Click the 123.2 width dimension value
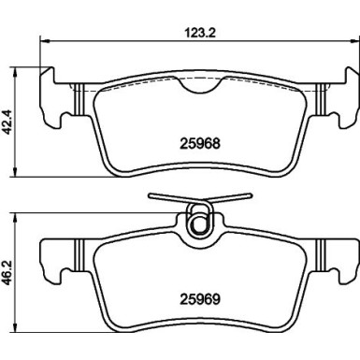(200, 33)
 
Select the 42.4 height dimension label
(7, 122)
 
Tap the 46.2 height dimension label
(7, 274)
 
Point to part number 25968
(200, 144)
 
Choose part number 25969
(200, 299)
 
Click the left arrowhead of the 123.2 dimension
(45, 40)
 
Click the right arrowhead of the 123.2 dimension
(355, 40)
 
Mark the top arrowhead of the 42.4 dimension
(15, 72)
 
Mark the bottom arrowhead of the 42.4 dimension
(15, 172)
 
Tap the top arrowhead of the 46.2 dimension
(15, 218)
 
